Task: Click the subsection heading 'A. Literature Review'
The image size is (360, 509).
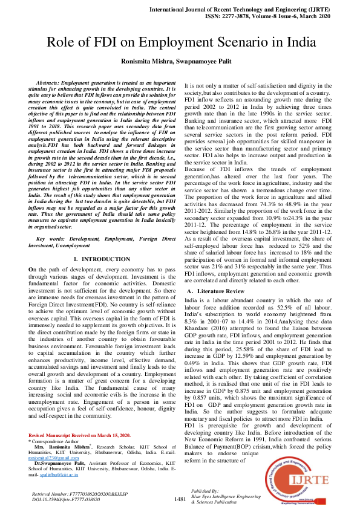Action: pos(215,291)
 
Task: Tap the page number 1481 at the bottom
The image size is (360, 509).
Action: pos(180,499)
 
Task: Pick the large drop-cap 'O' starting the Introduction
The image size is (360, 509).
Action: pos(31,268)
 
